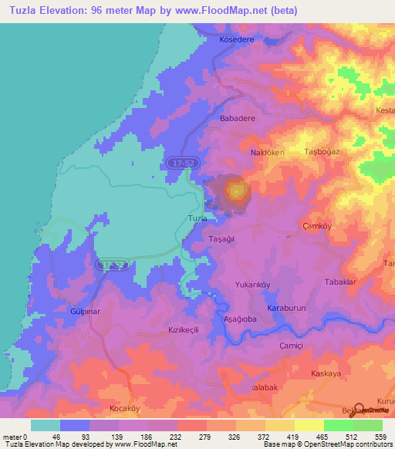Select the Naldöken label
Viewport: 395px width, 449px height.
tap(267, 153)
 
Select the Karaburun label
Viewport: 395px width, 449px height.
tap(282, 309)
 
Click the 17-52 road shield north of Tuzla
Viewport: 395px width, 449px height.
tap(178, 163)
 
